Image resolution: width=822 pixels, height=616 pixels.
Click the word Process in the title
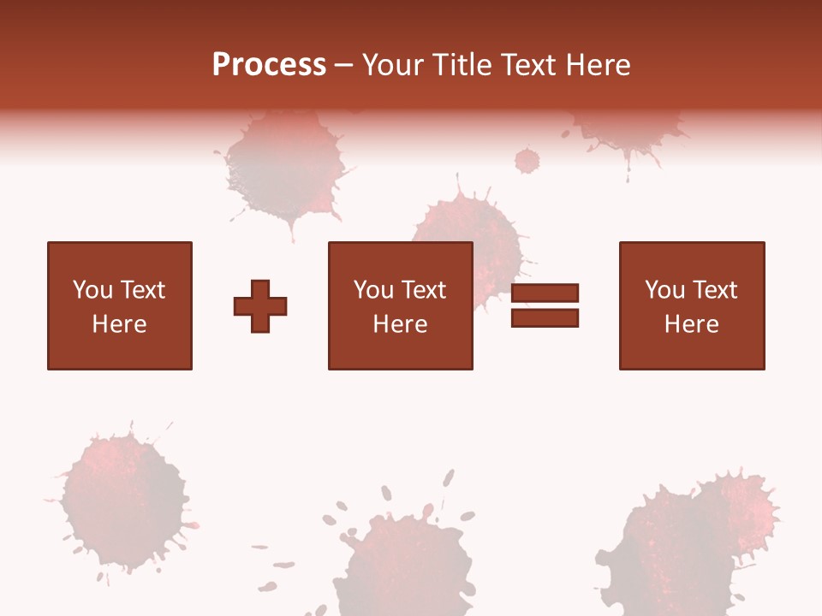pyautogui.click(x=269, y=65)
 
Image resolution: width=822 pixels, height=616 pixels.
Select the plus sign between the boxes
pyautogui.click(x=260, y=305)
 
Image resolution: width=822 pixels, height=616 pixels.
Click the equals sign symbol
pyautogui.click(x=545, y=305)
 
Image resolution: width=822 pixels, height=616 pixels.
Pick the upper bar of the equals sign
pyautogui.click(x=545, y=293)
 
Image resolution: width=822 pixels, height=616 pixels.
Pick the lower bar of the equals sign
pyautogui.click(x=545, y=317)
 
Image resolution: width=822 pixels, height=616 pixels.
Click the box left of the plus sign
pyautogui.click(x=119, y=305)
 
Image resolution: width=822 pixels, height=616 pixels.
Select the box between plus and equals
pyautogui.click(x=400, y=305)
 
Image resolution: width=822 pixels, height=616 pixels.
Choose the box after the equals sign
pyautogui.click(x=691, y=305)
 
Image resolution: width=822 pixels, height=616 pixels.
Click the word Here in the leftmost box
pyautogui.click(x=119, y=324)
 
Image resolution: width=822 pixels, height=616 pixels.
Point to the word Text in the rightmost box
pyautogui.click(x=716, y=290)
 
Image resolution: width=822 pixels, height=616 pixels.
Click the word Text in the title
pyautogui.click(x=527, y=65)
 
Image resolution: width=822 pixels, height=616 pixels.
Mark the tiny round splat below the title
pyautogui.click(x=527, y=160)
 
